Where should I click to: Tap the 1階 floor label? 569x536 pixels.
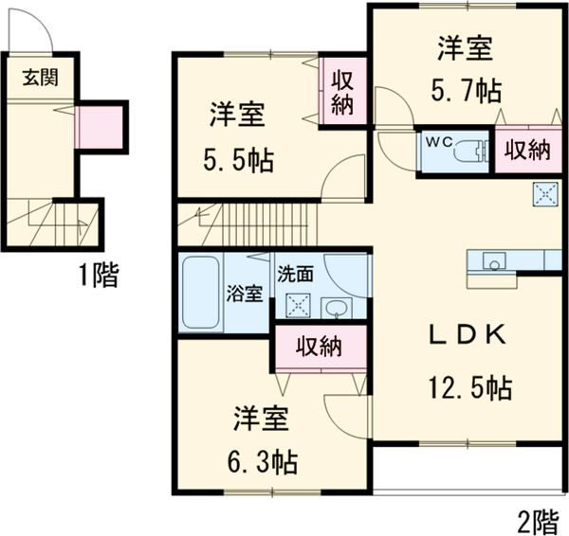[98, 276]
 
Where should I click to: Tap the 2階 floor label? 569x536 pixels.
[538, 520]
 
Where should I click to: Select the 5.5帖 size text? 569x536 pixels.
[241, 160]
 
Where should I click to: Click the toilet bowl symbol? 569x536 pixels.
[468, 151]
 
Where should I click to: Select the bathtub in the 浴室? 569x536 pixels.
[199, 293]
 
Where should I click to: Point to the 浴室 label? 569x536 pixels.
[244, 293]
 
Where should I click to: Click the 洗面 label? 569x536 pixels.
[294, 274]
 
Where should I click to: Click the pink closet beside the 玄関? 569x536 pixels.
[100, 127]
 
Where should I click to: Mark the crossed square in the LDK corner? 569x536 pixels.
[547, 193]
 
